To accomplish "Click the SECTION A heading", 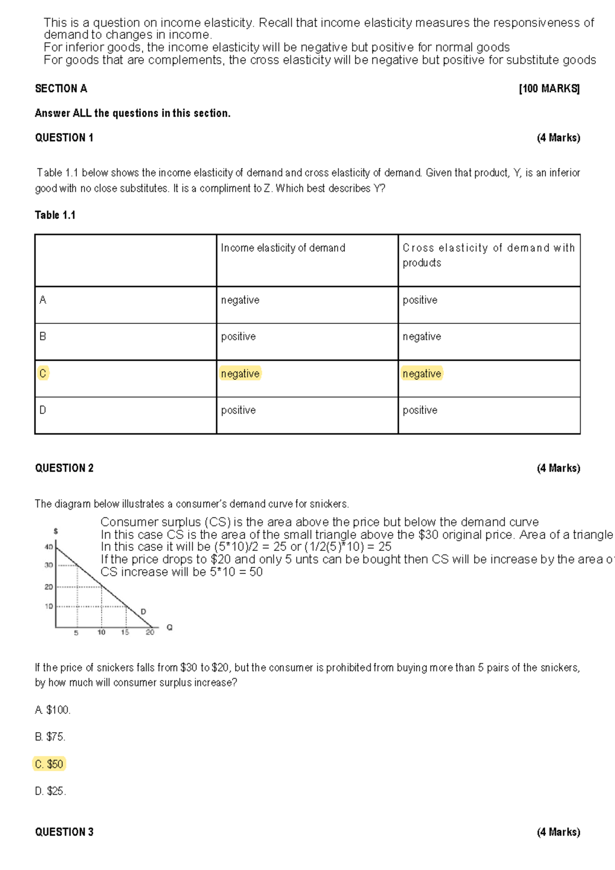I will [61, 89].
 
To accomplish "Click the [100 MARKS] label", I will [549, 89].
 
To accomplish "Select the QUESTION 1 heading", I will [64, 138].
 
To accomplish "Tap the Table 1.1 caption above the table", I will [55, 215].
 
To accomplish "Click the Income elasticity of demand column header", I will [283, 248].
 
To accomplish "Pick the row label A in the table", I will [43, 300].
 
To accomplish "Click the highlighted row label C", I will [43, 374].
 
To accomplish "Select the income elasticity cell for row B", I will [238, 337].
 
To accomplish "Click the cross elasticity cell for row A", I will [420, 300].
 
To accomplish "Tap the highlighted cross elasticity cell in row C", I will [422, 374].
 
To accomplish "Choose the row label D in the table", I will [43, 410].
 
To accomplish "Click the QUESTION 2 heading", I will [64, 468].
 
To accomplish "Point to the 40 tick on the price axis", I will [49, 547].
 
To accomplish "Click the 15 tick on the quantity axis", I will [125, 633].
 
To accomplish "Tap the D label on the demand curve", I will [143, 612].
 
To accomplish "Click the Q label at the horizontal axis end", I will [170, 628].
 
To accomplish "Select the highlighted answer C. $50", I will [49, 764].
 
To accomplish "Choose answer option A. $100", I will [53, 710].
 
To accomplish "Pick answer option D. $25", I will [50, 791].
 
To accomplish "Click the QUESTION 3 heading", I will [64, 832].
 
